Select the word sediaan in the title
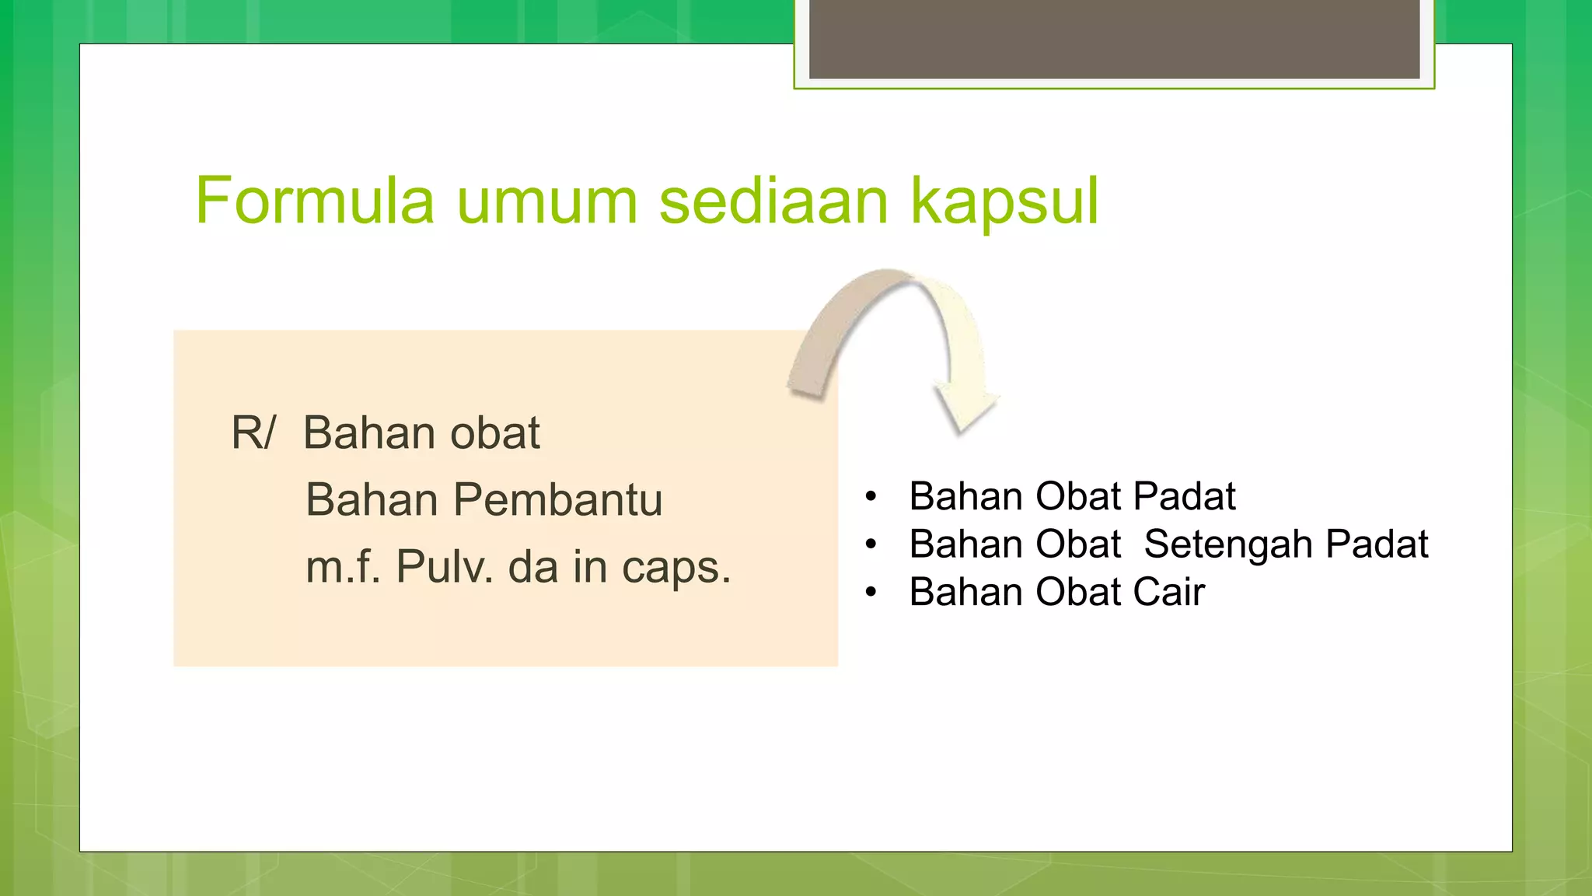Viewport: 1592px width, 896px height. click(773, 201)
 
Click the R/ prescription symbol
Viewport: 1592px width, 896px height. click(253, 433)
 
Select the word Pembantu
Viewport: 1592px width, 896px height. click(557, 499)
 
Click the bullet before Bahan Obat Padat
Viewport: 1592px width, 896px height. click(871, 496)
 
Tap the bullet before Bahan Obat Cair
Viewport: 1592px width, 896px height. click(871, 593)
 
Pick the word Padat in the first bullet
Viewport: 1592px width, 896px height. click(1184, 496)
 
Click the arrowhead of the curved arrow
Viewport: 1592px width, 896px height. click(965, 408)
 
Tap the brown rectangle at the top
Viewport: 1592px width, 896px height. click(1114, 39)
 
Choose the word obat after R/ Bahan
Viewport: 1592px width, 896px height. click(495, 433)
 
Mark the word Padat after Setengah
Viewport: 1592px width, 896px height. click(1376, 544)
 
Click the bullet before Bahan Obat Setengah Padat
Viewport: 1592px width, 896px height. click(871, 544)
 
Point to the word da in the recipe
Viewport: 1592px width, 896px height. click(532, 566)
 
